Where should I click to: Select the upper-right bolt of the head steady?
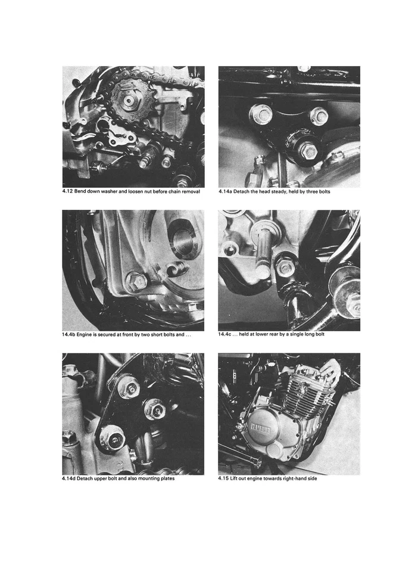coord(319,115)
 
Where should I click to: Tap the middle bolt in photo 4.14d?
coord(154,408)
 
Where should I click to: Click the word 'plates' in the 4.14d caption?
coord(164,478)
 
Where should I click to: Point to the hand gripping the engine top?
coord(329,372)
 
